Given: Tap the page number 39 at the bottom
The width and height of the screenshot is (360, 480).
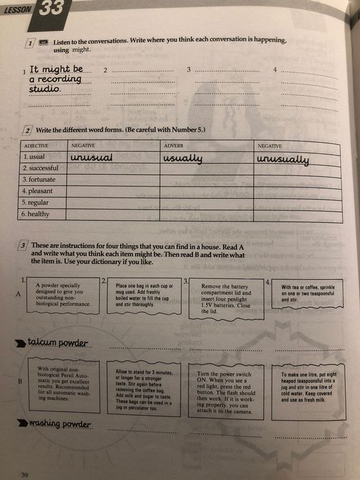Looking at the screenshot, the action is pos(25,475).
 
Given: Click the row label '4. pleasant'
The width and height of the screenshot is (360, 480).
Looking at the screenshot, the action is pos(38,191).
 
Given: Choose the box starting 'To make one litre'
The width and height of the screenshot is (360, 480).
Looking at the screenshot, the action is pos(307,387).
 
